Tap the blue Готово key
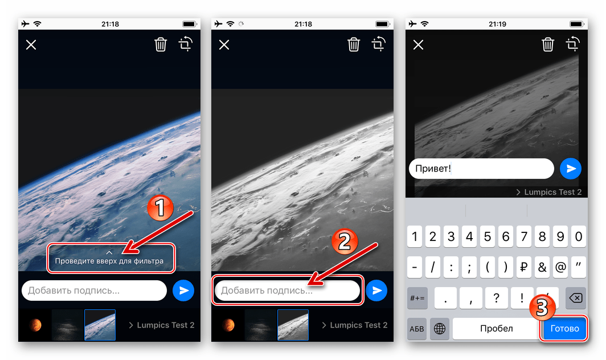(564, 329)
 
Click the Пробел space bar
(496, 329)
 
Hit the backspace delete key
(575, 298)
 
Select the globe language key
(440, 329)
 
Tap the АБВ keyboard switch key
(417, 329)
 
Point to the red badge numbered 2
(344, 243)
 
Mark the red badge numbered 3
(543, 309)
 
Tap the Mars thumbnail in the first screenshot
(35, 325)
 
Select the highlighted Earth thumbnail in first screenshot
(100, 325)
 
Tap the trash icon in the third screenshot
(547, 44)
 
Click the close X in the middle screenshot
(224, 44)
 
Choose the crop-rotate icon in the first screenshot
(186, 44)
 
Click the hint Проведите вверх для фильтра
(109, 261)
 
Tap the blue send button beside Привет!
(571, 169)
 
